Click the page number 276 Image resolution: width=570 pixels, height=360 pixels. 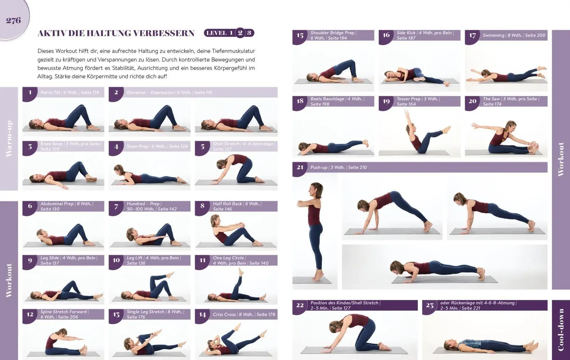click(14, 20)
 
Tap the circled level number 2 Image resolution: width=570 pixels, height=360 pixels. click(240, 33)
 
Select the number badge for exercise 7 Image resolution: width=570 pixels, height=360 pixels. click(116, 206)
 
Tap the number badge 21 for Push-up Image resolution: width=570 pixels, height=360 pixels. click(300, 167)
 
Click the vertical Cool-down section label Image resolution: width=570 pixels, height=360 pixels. click(561, 330)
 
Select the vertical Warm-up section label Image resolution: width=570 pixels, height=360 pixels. click(9, 139)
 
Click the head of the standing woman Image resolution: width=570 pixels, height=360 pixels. click(316, 188)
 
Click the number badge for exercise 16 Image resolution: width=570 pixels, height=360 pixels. click(386, 35)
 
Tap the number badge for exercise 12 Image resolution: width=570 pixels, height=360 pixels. click(30, 314)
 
